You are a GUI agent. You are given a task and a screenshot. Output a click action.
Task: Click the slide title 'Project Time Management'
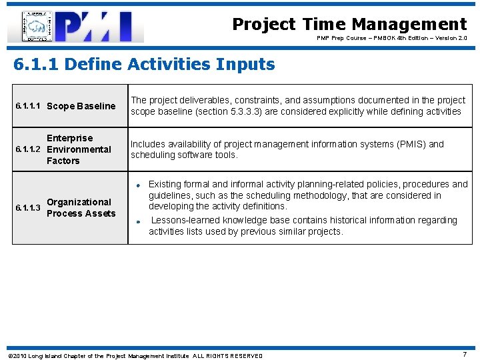coord(349,25)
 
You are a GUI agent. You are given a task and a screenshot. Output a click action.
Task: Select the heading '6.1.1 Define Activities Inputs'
coord(144,65)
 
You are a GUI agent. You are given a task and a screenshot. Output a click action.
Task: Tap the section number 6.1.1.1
coord(29,106)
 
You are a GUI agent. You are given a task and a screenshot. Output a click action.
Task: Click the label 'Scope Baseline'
coord(81,106)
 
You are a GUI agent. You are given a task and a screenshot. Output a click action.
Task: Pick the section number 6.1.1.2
coord(29,149)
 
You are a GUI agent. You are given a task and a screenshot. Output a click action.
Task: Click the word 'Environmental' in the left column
coord(79,149)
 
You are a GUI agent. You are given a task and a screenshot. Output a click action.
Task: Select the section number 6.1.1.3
coord(29,208)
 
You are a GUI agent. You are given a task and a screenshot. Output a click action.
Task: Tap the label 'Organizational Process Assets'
coord(81,208)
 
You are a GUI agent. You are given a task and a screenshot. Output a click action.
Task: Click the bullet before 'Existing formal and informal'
coord(135,185)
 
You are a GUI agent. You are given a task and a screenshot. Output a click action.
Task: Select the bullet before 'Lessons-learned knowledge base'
coord(135,221)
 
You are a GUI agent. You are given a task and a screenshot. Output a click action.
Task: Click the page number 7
coord(465,355)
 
